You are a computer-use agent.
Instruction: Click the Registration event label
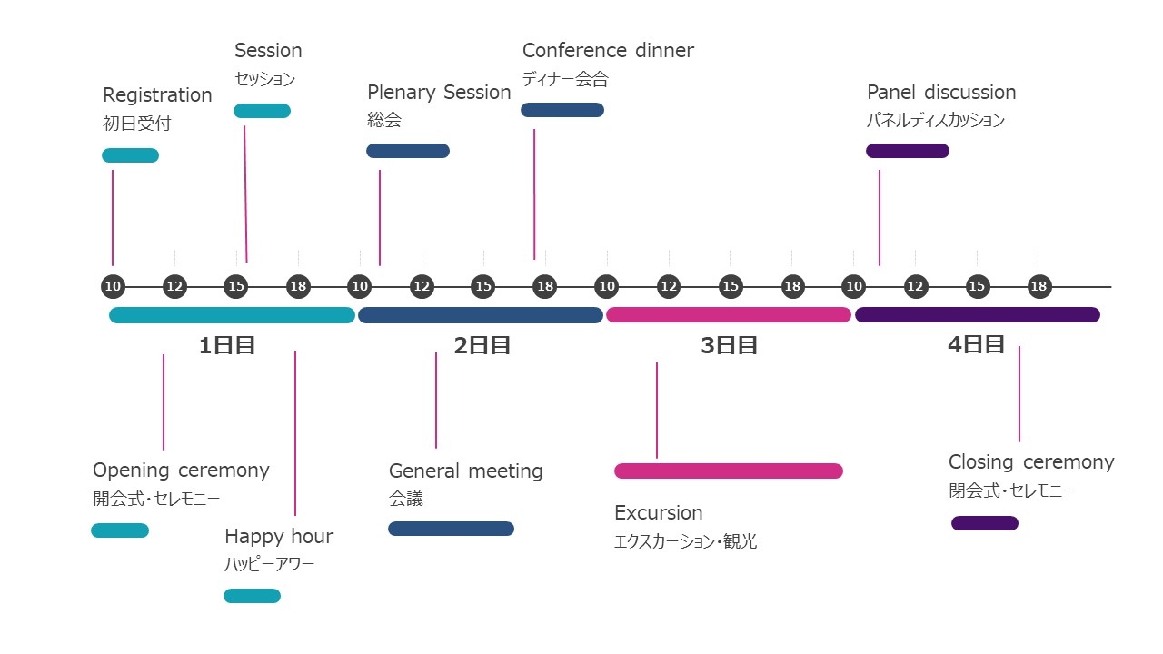(x=157, y=95)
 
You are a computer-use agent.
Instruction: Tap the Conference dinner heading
(x=608, y=51)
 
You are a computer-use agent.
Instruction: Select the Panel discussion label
(x=941, y=93)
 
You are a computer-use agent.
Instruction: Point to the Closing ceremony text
(x=1031, y=462)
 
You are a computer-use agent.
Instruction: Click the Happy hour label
(x=279, y=537)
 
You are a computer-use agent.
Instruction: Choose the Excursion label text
(x=659, y=513)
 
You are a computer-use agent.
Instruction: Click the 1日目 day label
(x=227, y=346)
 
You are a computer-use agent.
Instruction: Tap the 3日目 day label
(x=729, y=346)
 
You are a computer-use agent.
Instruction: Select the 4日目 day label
(x=976, y=345)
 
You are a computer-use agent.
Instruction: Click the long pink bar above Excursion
(x=729, y=471)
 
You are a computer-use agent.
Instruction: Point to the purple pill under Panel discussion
(x=908, y=151)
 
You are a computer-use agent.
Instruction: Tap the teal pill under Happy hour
(x=253, y=596)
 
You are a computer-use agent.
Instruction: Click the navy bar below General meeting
(x=451, y=529)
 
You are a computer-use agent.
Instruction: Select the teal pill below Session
(x=262, y=111)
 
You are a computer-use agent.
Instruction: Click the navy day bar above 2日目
(x=481, y=315)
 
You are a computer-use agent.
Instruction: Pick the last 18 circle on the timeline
(x=1039, y=287)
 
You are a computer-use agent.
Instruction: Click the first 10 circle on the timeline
(x=113, y=287)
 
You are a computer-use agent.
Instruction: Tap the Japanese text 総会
(x=384, y=120)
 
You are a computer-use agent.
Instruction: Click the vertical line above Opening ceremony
(x=164, y=401)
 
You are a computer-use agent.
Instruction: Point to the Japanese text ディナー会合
(x=565, y=79)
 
